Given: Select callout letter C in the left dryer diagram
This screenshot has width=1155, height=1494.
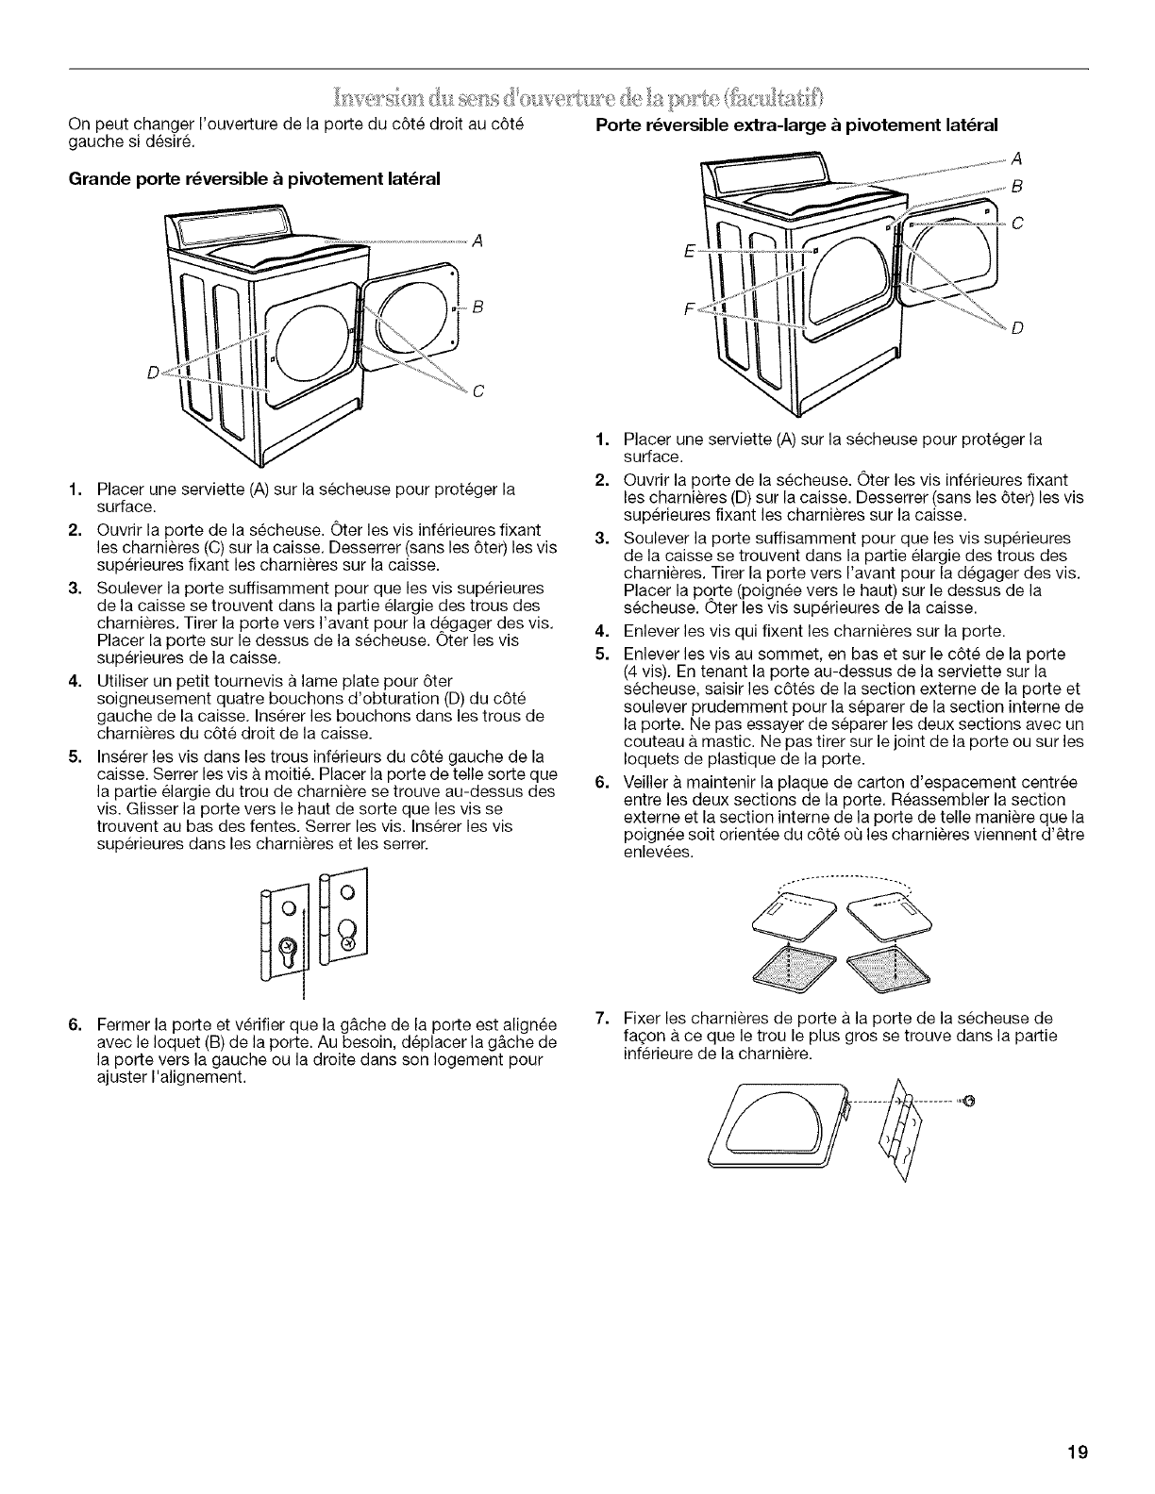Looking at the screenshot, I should (477, 393).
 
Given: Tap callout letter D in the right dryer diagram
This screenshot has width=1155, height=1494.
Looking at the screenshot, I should (1017, 328).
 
